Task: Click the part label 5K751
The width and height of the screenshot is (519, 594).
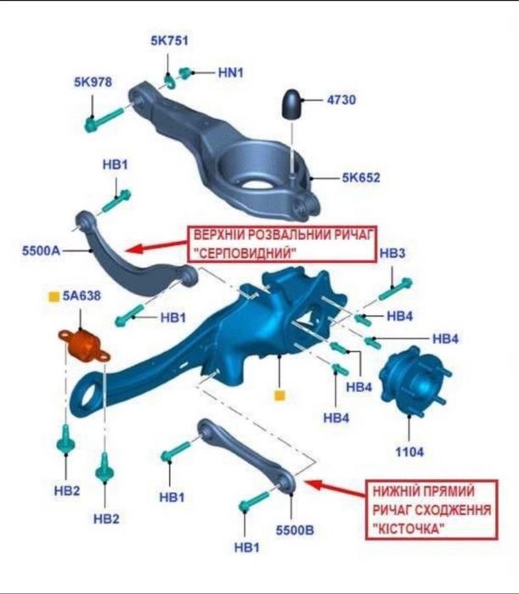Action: coord(170,41)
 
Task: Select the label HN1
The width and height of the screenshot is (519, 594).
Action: coord(231,72)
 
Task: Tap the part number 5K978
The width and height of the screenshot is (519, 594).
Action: coord(93,81)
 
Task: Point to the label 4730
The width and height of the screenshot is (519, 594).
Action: coord(341,100)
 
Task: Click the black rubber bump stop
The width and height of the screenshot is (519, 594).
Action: coord(291,104)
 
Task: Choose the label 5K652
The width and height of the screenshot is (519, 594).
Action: coord(361,177)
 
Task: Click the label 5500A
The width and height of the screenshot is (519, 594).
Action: coord(41,250)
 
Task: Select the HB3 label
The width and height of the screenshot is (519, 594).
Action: coord(392,253)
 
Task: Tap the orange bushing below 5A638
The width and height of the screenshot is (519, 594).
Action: coord(84,345)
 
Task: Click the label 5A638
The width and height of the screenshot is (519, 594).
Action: coord(82,295)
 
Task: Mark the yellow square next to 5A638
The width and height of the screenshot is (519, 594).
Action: coord(54,297)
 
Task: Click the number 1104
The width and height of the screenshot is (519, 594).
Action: coord(409,451)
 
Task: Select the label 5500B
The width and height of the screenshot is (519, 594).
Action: coord(295,530)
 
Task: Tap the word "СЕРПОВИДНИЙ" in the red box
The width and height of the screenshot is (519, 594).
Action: coord(246,253)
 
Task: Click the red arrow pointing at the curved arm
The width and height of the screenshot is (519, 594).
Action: coord(156,246)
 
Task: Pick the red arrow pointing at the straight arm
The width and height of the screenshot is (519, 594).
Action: coord(336,488)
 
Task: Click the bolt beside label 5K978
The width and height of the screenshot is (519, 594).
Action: coord(104,120)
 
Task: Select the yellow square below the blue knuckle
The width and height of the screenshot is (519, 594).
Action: coord(279,395)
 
